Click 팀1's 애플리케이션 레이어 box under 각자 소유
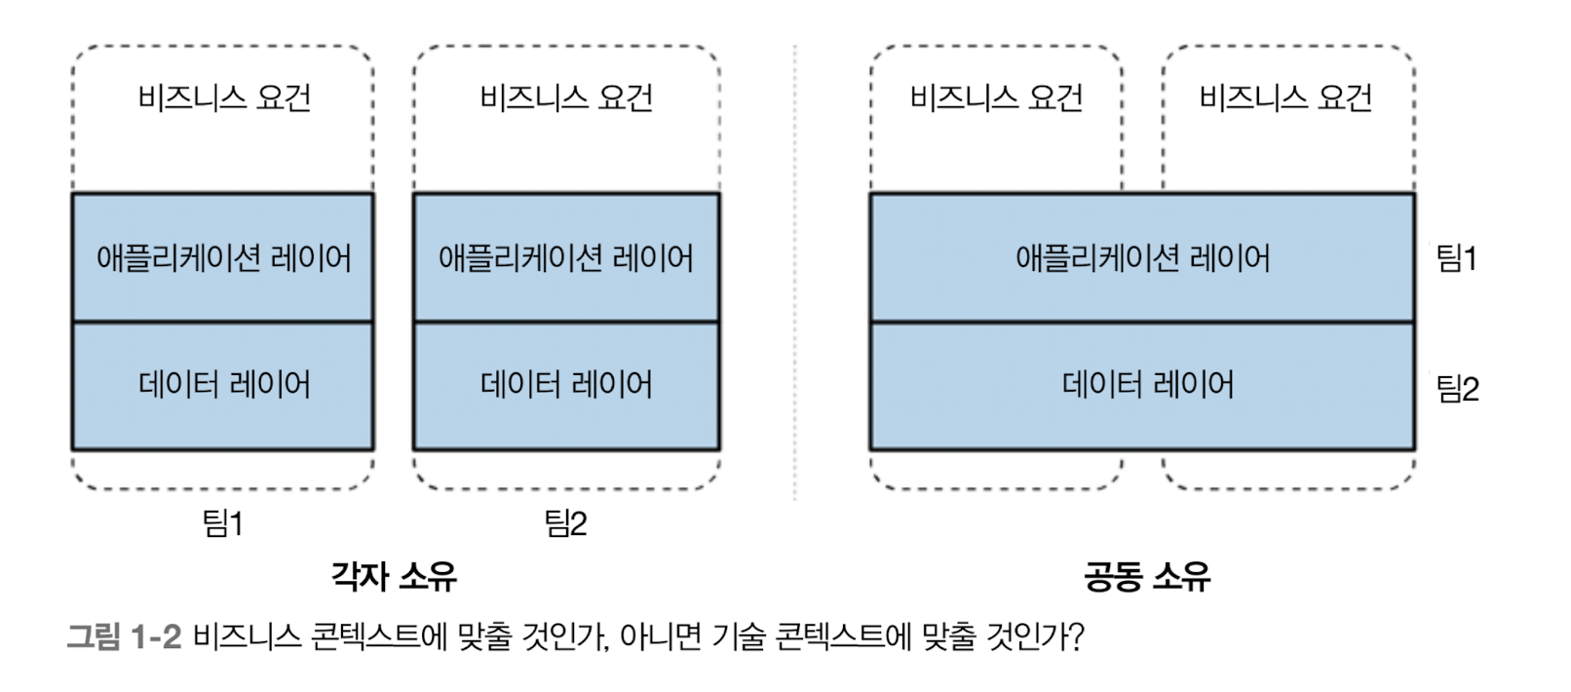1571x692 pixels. [223, 258]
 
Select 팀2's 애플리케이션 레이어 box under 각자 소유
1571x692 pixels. [566, 258]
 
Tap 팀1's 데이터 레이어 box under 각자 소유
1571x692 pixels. [223, 385]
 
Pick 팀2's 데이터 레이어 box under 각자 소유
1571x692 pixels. [566, 385]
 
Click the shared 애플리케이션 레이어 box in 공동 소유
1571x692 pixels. [1142, 258]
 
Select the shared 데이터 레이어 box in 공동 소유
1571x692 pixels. [1142, 385]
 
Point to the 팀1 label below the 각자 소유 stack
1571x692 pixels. [222, 523]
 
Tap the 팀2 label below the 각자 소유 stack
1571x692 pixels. [565, 523]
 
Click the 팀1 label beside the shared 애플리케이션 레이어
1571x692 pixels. [1457, 258]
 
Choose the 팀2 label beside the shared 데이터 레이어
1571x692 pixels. [1458, 389]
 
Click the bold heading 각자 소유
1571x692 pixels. [394, 576]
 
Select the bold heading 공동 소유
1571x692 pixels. [1147, 576]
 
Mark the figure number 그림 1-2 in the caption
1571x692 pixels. [124, 637]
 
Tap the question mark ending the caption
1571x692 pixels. [1076, 637]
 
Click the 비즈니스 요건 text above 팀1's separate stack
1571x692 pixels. [224, 97]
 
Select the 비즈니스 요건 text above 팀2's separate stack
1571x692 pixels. [566, 97]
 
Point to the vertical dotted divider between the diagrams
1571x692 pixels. [795, 273]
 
